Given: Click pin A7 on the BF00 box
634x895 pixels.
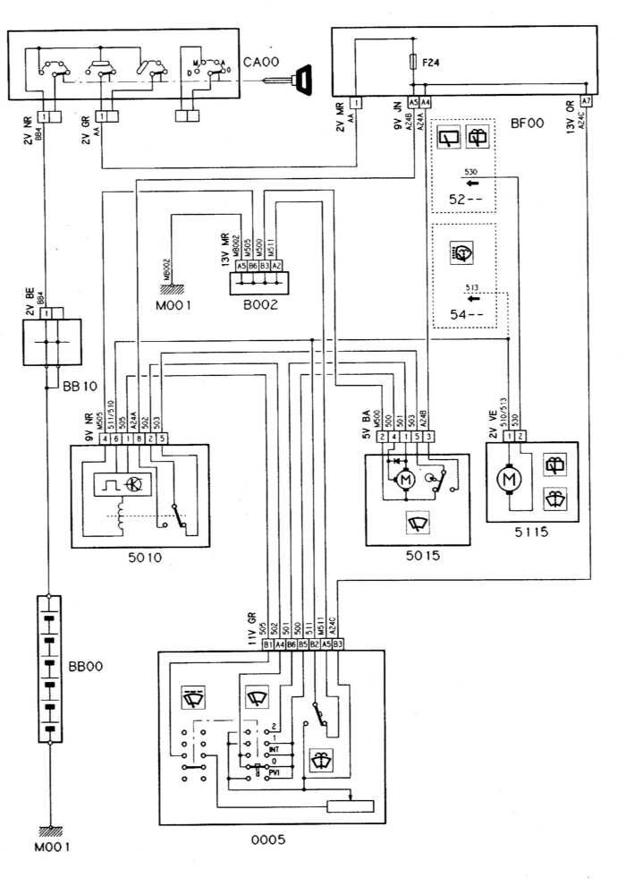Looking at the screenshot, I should tap(586, 102).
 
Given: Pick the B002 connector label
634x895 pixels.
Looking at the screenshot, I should tap(258, 305).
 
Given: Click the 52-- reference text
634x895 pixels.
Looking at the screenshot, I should tap(464, 199).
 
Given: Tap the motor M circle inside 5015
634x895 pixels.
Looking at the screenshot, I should tap(404, 482).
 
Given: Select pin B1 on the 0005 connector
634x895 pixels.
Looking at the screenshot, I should tap(267, 643).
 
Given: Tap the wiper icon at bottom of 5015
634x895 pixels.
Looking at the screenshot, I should tap(416, 523).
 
